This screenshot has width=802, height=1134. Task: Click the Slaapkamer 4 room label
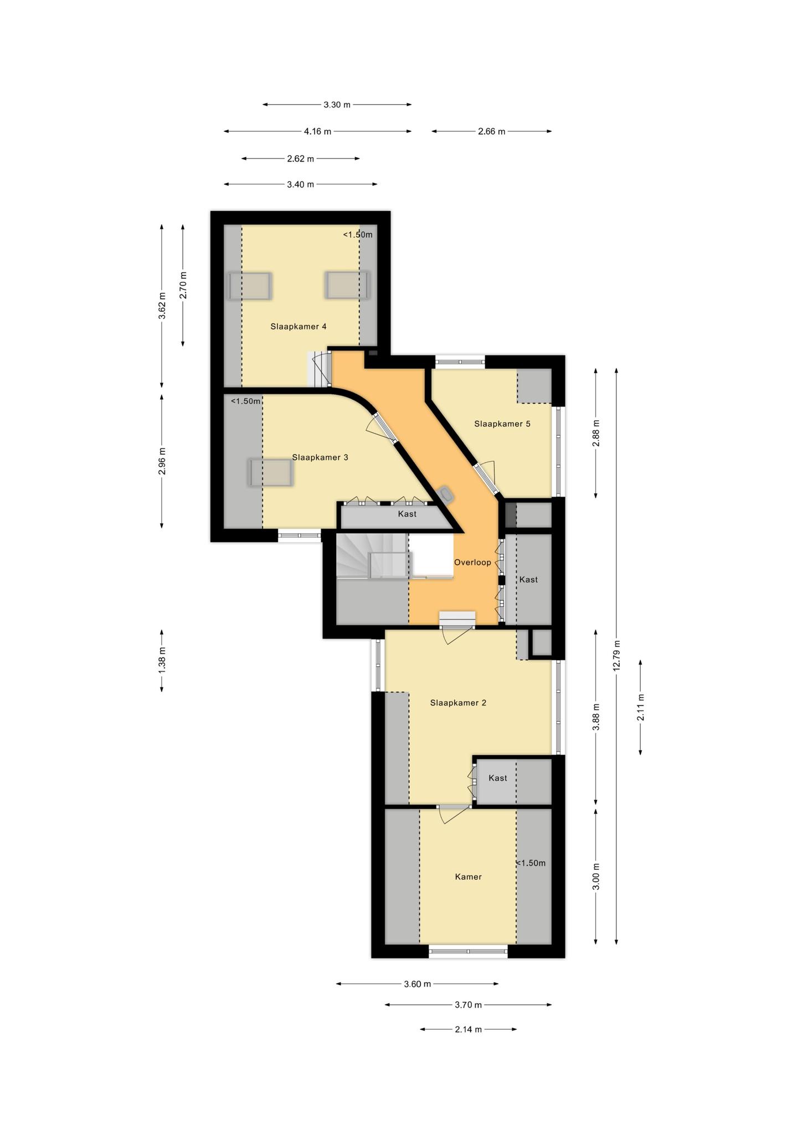point(298,327)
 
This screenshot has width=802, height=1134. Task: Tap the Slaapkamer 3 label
point(320,457)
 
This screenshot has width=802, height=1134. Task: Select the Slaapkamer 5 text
point(502,424)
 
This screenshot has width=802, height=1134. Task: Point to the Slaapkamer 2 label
point(458,703)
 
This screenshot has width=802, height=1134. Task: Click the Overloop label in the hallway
point(472,563)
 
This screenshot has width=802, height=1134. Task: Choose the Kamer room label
point(468,877)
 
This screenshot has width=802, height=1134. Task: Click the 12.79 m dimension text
point(616,656)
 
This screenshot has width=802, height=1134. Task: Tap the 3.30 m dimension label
point(337,105)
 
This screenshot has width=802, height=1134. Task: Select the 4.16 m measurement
point(317,132)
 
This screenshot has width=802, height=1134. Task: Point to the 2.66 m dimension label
point(491,132)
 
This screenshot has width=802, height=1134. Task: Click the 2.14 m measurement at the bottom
point(468,1029)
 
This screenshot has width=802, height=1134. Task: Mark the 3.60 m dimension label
point(417,984)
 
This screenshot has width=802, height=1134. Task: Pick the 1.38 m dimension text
point(162,661)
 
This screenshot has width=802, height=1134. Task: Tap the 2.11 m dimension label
point(640,707)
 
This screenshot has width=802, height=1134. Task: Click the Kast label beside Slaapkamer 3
point(407,514)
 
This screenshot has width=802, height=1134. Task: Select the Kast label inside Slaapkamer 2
point(498,778)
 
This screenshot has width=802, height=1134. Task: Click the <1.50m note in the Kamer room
point(531,863)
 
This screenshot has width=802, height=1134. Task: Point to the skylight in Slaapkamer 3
point(270,472)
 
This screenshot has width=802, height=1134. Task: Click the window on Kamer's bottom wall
point(468,952)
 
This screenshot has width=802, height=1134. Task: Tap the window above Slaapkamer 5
point(460,362)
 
